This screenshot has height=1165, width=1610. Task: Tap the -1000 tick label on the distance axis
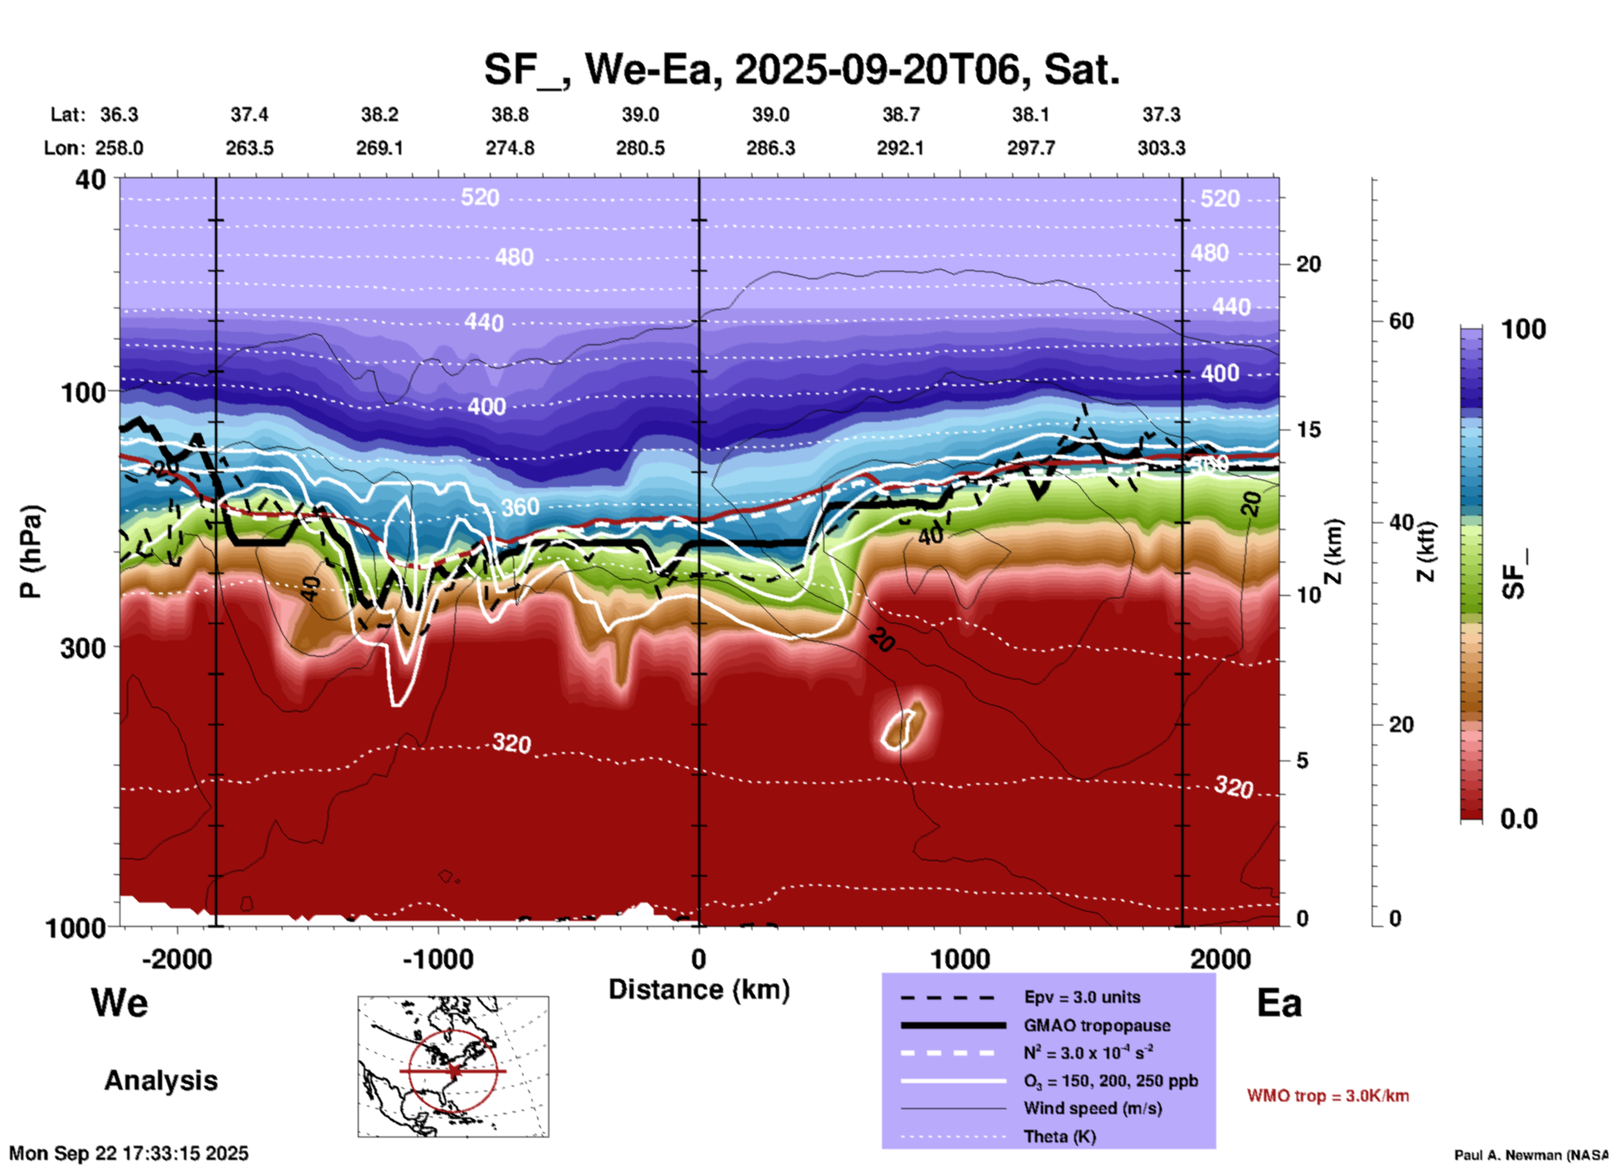pyautogui.click(x=437, y=959)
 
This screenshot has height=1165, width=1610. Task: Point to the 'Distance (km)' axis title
pyautogui.click(x=699, y=989)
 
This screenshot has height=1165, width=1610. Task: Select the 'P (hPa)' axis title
pyautogui.click(x=31, y=552)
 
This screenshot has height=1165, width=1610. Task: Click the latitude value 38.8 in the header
pyautogui.click(x=509, y=114)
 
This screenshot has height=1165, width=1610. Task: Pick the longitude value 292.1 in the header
pyautogui.click(x=900, y=148)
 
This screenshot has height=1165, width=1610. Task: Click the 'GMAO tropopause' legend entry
pyautogui.click(x=1097, y=1025)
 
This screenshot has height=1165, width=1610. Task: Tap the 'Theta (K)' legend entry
pyautogui.click(x=1059, y=1137)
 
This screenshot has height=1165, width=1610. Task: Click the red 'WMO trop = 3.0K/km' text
pyautogui.click(x=1327, y=1096)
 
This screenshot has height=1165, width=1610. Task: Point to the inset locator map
pyautogui.click(x=453, y=1066)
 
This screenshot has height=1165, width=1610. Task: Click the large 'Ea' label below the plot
pyautogui.click(x=1279, y=1004)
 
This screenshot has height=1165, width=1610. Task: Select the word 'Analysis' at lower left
pyautogui.click(x=160, y=1081)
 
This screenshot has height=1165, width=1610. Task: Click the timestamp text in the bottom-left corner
pyautogui.click(x=129, y=1153)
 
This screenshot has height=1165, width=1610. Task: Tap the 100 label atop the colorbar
pyautogui.click(x=1523, y=329)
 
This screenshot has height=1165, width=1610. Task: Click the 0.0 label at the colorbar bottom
pyautogui.click(x=1519, y=819)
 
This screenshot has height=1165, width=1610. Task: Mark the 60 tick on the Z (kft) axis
pyautogui.click(x=1401, y=321)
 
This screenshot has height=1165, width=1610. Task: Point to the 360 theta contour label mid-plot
pyautogui.click(x=520, y=507)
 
